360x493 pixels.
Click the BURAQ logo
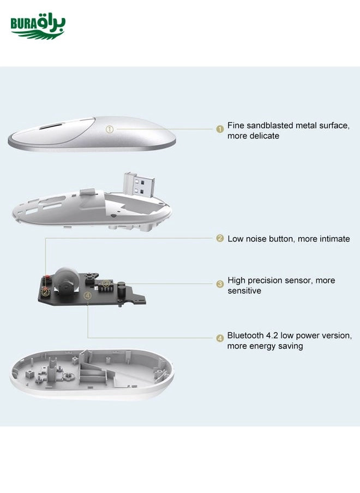click(x=38, y=26)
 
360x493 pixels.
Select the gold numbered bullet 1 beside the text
click(x=220, y=129)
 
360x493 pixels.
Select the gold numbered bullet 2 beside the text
click(x=220, y=238)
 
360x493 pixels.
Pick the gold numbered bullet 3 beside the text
click(x=220, y=284)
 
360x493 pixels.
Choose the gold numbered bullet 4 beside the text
click(x=220, y=338)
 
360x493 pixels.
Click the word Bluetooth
click(x=245, y=335)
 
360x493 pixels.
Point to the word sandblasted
click(x=269, y=125)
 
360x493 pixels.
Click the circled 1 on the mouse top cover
click(x=109, y=129)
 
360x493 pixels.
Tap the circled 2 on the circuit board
click(x=46, y=292)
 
